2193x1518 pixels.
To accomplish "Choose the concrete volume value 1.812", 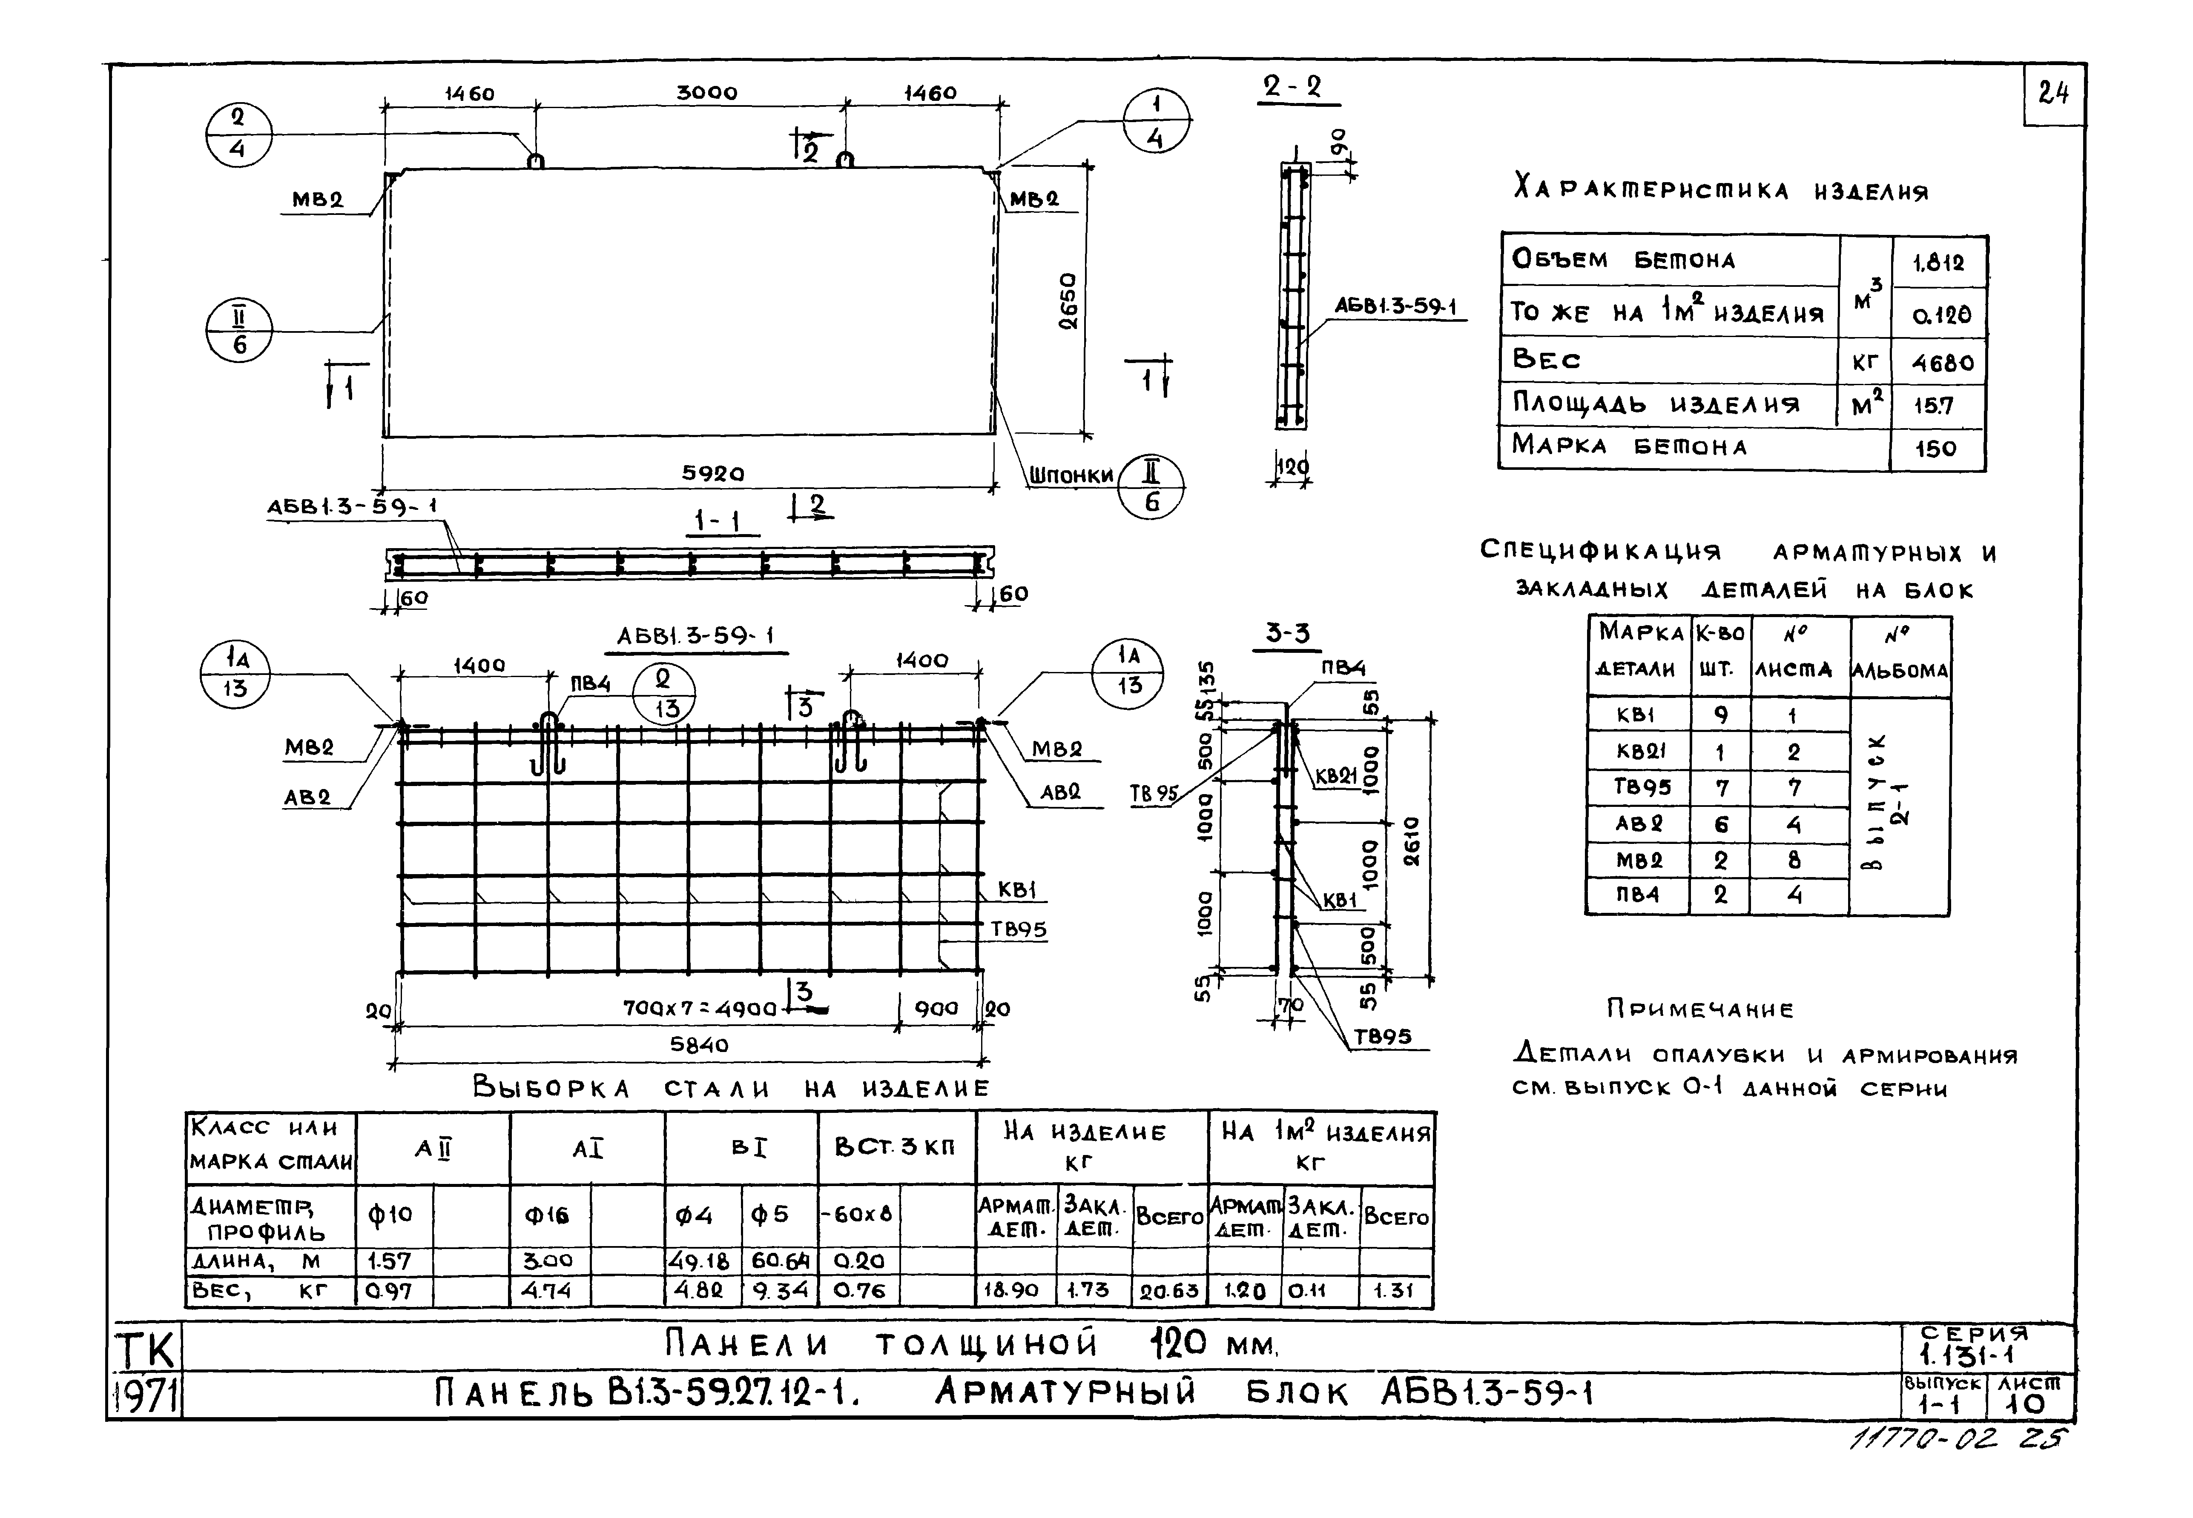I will (1938, 263).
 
